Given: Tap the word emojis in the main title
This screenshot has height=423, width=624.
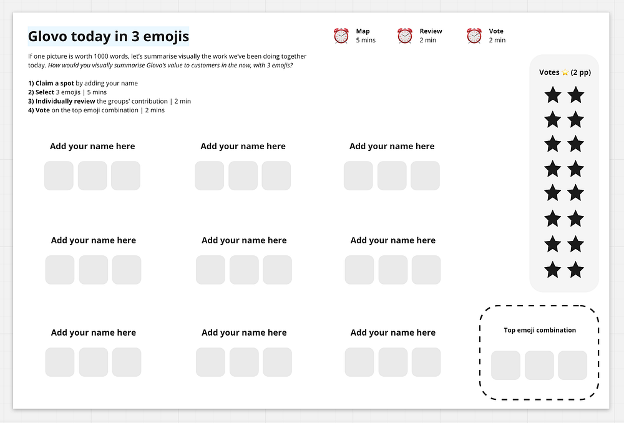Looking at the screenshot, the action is point(166,37).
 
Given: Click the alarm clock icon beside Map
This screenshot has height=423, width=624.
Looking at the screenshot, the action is point(341,36).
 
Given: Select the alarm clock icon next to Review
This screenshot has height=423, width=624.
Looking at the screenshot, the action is point(405,36).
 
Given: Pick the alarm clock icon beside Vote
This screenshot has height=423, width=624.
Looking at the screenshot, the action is point(474,36).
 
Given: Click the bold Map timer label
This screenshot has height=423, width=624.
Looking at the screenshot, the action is point(363,31).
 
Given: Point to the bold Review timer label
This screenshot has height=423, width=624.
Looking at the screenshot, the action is point(431,31).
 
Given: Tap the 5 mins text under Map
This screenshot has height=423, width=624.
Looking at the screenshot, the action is point(366,40).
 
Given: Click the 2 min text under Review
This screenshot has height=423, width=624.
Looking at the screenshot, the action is point(428,40).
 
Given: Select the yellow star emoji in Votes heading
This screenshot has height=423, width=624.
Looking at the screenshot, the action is point(565,72).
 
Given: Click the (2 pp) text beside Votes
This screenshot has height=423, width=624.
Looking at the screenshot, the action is point(580,72).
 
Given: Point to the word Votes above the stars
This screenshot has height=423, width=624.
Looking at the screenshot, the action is point(549,72).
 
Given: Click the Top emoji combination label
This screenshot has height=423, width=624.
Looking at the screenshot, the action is point(540,330).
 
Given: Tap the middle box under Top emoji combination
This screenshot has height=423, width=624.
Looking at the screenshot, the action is point(539,366).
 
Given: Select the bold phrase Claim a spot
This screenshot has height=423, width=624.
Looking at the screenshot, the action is point(54,83).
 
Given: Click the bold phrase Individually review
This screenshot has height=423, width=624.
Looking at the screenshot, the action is point(66,101).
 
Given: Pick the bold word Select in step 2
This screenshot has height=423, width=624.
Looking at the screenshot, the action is point(44,92).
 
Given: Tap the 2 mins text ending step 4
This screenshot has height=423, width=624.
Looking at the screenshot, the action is point(155,110).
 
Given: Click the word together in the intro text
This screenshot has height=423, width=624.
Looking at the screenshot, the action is point(294,57).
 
